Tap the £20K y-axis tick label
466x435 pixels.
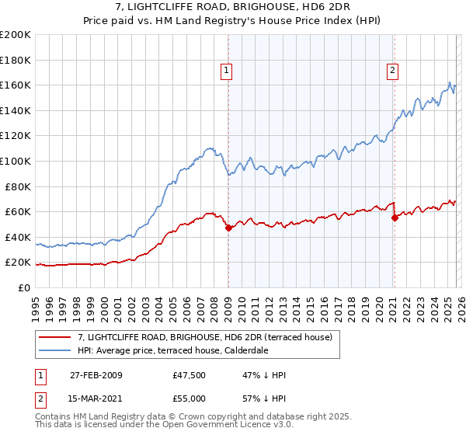click(19, 263)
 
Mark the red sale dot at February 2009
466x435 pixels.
click(228, 228)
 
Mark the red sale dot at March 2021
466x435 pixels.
click(395, 217)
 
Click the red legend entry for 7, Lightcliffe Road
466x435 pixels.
click(205, 337)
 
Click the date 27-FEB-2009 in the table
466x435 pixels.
click(96, 375)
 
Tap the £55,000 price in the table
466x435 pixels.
click(190, 398)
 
